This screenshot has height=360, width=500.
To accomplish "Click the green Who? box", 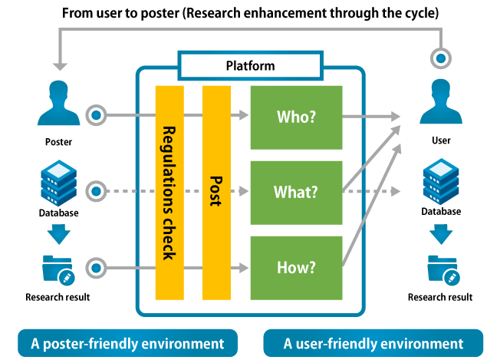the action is click(x=296, y=117).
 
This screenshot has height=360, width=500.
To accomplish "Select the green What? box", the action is click(x=296, y=193).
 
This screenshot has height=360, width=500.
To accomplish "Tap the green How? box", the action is click(x=296, y=268).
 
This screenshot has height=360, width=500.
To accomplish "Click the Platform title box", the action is click(x=250, y=66).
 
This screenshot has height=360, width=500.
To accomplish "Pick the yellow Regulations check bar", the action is click(x=169, y=193).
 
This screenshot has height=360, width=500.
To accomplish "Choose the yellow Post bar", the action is click(x=216, y=193).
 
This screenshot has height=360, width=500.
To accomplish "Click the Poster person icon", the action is click(x=59, y=103).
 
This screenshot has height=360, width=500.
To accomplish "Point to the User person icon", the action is click(x=441, y=101).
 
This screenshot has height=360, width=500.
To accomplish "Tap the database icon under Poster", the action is click(x=59, y=183).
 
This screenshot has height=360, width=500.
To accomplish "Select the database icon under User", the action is click(x=441, y=182).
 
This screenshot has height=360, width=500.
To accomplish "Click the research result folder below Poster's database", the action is click(x=58, y=269).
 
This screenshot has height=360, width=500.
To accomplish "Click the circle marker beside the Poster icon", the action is click(x=96, y=115).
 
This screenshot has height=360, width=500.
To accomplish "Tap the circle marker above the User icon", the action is click(x=441, y=58).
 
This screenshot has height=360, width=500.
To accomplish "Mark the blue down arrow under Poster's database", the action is click(x=59, y=234).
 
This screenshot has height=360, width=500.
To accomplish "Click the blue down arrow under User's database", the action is click(x=441, y=234).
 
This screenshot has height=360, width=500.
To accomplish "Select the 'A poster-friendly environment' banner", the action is click(x=127, y=343).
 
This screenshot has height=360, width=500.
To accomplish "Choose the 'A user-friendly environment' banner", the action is click(x=373, y=343).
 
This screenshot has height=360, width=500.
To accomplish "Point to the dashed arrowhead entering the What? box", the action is click(x=244, y=191).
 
